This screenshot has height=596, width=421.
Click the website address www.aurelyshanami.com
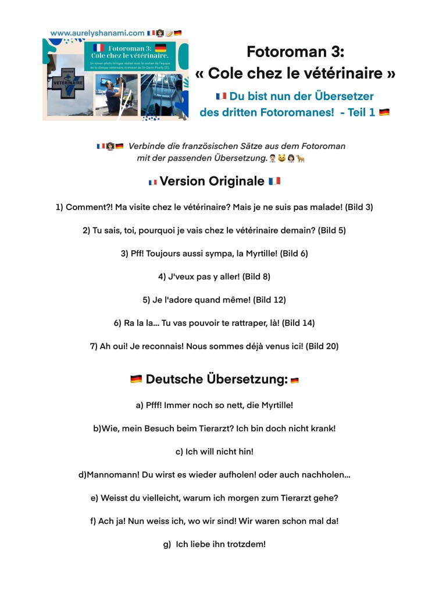tap(97, 33)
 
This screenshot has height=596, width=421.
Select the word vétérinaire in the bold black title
tap(347, 74)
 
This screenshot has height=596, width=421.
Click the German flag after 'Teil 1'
tap(384, 112)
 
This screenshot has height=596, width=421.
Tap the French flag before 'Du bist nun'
tap(220, 96)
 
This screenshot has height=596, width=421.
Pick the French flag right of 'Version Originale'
tap(274, 181)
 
